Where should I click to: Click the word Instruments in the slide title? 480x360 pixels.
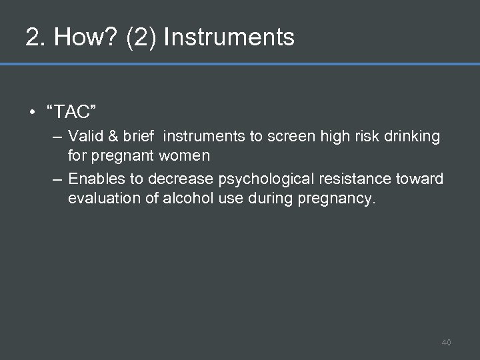point(229,37)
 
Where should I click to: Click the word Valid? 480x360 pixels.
point(83,137)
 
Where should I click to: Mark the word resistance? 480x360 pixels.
point(353,179)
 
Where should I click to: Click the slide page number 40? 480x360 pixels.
point(446,343)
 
